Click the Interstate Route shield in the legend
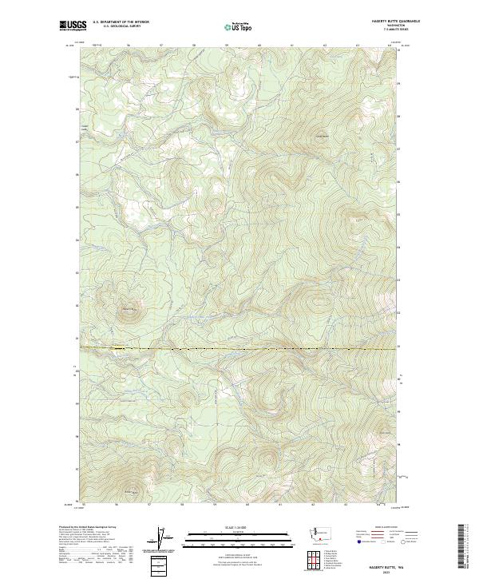[356, 542]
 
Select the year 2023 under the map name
[386, 570]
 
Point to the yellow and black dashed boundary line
[239, 349]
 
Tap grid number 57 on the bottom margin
[149, 504]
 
